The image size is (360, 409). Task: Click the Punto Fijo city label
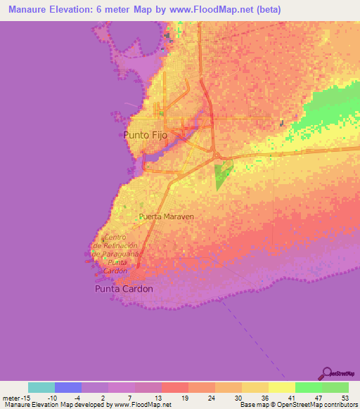[145, 134]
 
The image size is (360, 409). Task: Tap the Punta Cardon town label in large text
[124, 288]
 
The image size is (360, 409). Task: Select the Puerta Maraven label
[166, 217]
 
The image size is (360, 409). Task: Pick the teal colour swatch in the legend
[41, 387]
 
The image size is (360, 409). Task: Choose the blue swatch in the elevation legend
[68, 387]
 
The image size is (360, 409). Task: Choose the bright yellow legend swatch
[282, 387]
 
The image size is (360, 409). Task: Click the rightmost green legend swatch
[335, 387]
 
